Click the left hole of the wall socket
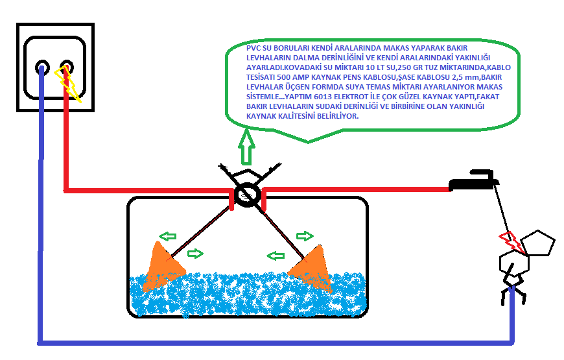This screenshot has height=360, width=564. [42, 67]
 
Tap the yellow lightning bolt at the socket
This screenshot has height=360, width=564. [67, 84]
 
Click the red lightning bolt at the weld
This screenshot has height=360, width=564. [511, 242]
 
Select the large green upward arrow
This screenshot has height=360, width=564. [246, 147]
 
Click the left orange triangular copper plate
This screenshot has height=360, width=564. [162, 267]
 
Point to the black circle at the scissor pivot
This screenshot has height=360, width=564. [248, 195]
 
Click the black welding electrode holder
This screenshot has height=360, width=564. [473, 181]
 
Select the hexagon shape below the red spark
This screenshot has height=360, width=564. [514, 263]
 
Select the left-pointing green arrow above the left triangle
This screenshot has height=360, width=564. [168, 236]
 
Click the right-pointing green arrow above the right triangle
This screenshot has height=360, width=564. [305, 236]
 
